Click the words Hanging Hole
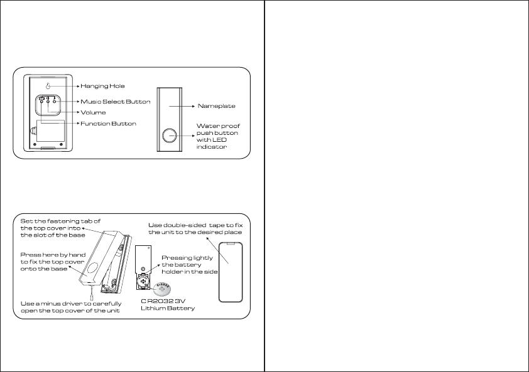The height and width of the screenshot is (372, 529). click(x=102, y=85)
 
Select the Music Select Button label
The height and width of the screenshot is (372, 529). click(x=115, y=101)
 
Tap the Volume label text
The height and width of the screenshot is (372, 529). click(x=92, y=112)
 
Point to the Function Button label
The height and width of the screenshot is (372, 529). click(x=108, y=124)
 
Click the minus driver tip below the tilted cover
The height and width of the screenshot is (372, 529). click(x=93, y=292)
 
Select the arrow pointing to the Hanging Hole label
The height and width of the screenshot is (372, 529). click(x=63, y=85)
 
